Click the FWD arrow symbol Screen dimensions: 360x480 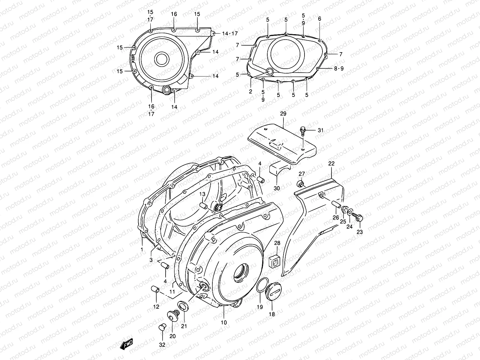(127, 345)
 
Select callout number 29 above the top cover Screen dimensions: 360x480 (283, 114)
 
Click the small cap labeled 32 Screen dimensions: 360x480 (162, 327)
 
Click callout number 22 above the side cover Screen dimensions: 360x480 (331, 163)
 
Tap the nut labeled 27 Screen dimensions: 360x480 (301, 183)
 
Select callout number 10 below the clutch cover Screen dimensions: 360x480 (224, 322)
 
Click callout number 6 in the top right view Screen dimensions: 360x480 (319, 19)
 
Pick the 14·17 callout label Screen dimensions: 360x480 (230, 34)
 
